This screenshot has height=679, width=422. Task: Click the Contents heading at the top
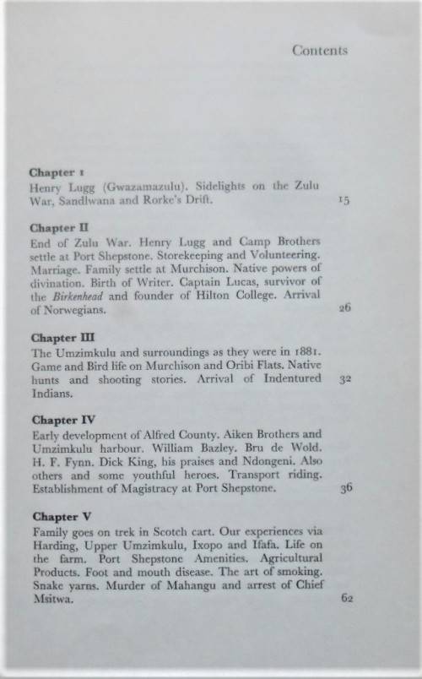click(320, 51)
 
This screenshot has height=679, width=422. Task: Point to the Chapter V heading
click(57, 516)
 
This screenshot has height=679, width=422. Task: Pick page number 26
click(344, 308)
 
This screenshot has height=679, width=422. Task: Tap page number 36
click(343, 487)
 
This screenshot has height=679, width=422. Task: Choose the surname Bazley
click(193, 446)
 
